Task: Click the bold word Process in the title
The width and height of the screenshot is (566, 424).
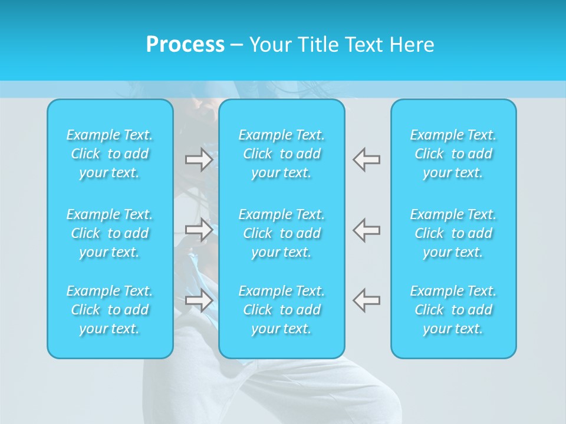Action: click(185, 45)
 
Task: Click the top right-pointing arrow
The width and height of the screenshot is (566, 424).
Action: click(199, 160)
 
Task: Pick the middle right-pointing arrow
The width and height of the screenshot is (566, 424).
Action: click(199, 229)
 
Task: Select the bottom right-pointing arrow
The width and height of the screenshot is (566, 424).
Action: click(199, 300)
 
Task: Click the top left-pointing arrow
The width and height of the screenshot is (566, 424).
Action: click(367, 160)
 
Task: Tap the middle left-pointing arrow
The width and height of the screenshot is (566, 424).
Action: click(367, 229)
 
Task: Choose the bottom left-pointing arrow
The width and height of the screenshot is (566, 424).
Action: click(367, 300)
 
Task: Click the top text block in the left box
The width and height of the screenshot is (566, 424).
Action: click(110, 154)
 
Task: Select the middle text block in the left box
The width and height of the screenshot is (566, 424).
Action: click(110, 233)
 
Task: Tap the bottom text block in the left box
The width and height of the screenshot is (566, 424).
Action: click(110, 310)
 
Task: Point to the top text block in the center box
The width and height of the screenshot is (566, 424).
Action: click(282, 154)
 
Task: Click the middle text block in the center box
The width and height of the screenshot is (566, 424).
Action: click(282, 233)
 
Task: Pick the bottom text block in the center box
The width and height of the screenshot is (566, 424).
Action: click(282, 310)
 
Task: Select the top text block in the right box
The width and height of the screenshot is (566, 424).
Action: click(453, 154)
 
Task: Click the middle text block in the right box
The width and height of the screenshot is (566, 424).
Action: click(453, 233)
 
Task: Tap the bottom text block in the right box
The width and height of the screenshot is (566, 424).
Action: click(453, 310)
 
